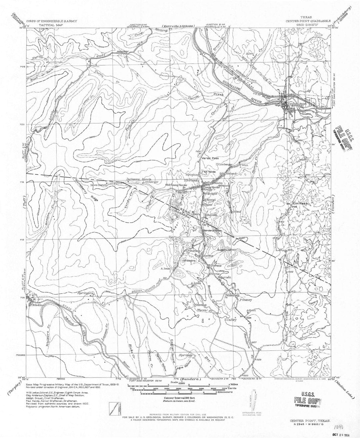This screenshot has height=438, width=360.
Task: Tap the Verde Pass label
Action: point(208,159)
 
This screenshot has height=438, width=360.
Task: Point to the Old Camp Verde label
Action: point(176,185)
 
